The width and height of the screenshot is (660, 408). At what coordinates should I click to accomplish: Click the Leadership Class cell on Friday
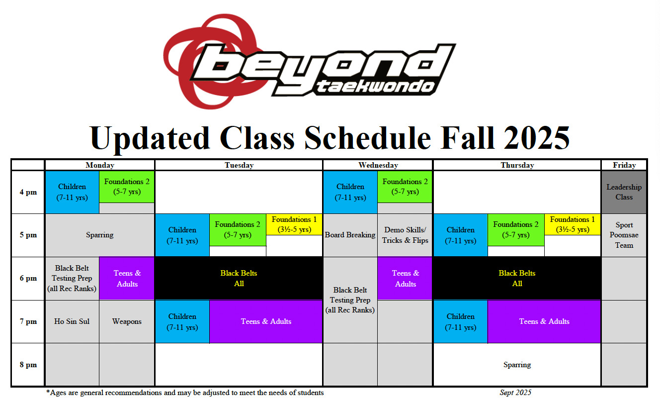pyautogui.click(x=624, y=192)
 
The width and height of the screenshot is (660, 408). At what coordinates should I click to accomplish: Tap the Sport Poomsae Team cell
pyautogui.click(x=624, y=235)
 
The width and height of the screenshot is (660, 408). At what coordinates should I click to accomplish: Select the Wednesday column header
pyautogui.click(x=378, y=165)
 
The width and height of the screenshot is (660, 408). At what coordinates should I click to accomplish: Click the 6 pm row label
pyautogui.click(x=28, y=278)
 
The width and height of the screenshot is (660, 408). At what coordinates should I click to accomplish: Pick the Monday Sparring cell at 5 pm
pyautogui.click(x=100, y=235)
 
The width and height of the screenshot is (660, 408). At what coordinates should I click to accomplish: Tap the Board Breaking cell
pyautogui.click(x=350, y=235)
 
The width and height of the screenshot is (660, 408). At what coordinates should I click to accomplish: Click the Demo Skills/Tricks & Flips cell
pyautogui.click(x=405, y=235)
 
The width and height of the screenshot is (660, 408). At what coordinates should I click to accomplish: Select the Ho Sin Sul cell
pyautogui.click(x=72, y=321)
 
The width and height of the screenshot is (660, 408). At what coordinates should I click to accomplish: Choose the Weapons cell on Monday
pyautogui.click(x=127, y=321)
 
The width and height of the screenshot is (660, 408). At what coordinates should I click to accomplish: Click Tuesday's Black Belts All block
pyautogui.click(x=239, y=278)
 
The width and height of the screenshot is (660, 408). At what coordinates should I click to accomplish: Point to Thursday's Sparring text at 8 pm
pyautogui.click(x=517, y=365)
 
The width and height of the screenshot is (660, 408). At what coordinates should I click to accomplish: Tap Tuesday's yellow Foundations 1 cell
pyautogui.click(x=294, y=224)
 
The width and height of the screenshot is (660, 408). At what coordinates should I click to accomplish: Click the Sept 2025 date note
pyautogui.click(x=515, y=393)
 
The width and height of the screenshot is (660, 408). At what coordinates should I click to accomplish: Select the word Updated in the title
pyautogui.click(x=150, y=138)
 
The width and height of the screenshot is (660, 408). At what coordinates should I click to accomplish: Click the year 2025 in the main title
pyautogui.click(x=537, y=138)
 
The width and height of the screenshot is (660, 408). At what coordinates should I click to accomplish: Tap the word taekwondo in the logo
pyautogui.click(x=375, y=87)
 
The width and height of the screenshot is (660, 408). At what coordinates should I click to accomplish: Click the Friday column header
pyautogui.click(x=624, y=165)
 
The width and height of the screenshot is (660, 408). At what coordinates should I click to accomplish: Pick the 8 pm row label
pyautogui.click(x=28, y=365)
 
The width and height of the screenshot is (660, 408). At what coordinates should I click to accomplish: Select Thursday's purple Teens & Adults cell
pyautogui.click(x=544, y=321)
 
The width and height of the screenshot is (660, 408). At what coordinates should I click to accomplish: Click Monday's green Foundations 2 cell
pyautogui.click(x=127, y=187)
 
